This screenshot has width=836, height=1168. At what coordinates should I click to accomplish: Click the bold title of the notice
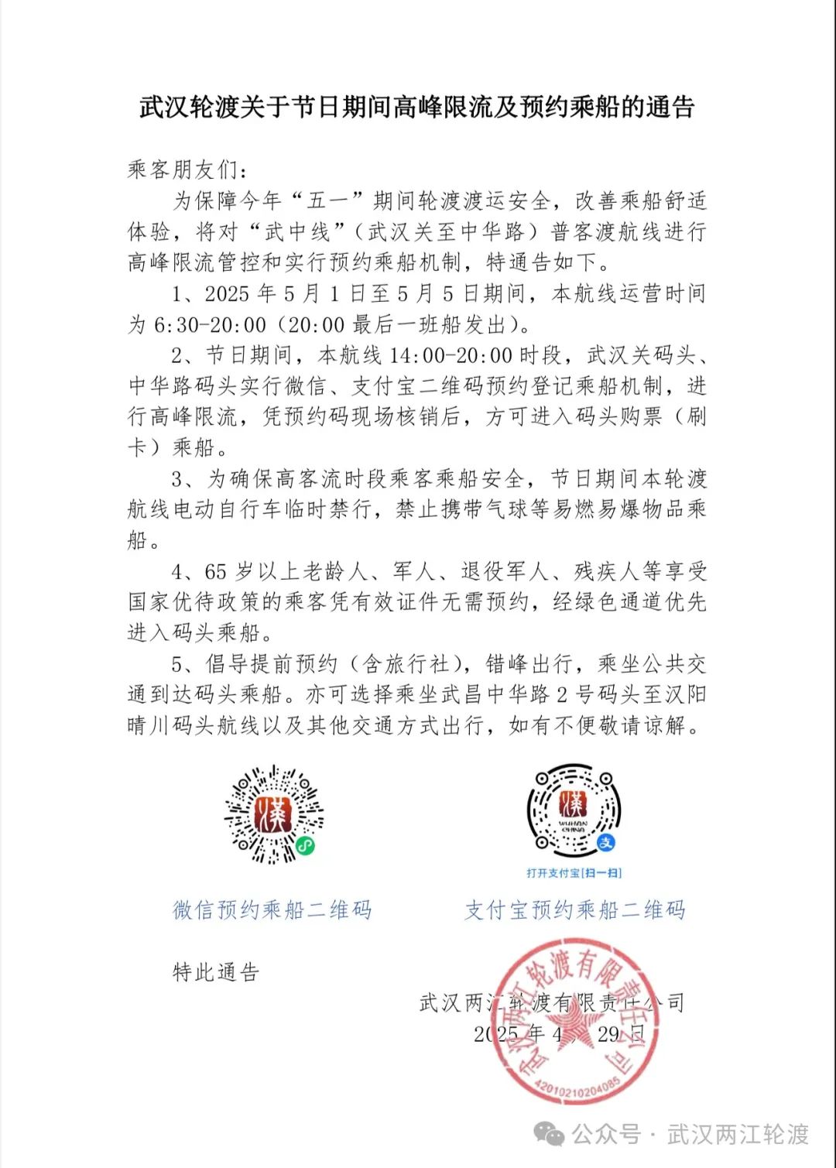[x=417, y=107]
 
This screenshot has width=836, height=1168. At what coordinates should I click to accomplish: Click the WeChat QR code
[x=273, y=814]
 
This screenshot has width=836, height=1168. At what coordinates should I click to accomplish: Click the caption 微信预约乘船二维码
[x=272, y=910]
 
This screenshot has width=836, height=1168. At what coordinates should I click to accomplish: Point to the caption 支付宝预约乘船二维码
[x=574, y=910]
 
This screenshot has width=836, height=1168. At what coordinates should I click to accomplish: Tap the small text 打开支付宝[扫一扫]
[x=574, y=873]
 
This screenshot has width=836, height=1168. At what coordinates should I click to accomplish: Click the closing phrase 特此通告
[x=216, y=972]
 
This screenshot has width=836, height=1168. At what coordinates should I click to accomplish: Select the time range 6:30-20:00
[x=211, y=325]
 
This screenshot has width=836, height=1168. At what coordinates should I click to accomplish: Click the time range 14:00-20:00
[x=451, y=356]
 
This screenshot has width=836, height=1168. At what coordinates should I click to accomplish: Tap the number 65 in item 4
[x=216, y=572]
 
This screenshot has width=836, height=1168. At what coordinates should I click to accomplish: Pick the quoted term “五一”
[x=327, y=201]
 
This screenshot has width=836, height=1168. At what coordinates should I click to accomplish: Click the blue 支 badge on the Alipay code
[x=606, y=842]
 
